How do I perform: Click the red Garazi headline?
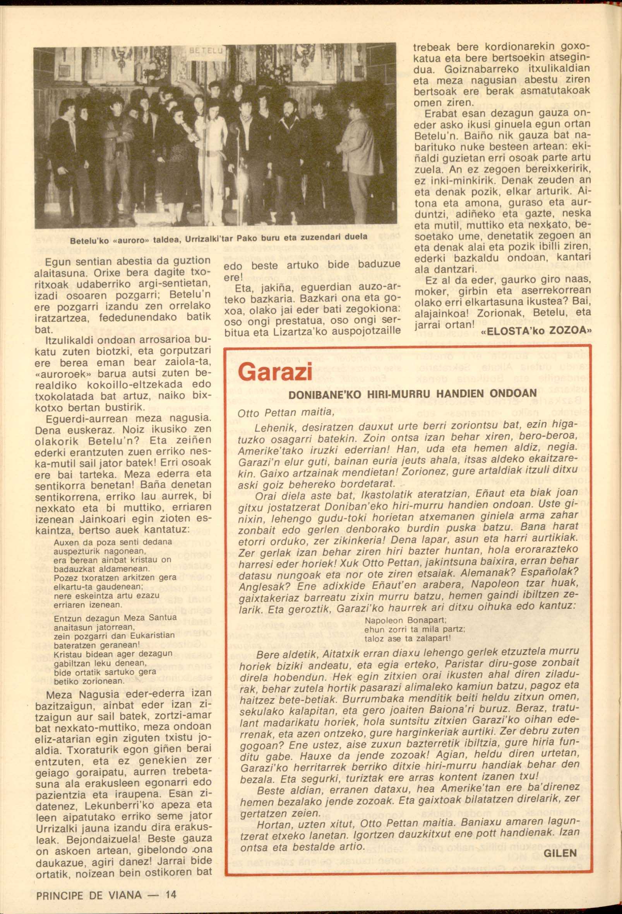(x=275, y=372)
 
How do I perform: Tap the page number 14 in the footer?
(x=171, y=895)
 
